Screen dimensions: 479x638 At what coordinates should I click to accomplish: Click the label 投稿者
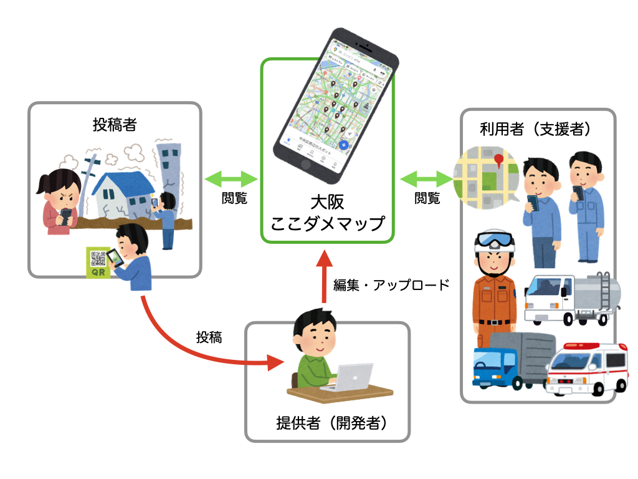[115, 125]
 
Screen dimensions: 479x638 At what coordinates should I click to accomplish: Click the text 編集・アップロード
[391, 285]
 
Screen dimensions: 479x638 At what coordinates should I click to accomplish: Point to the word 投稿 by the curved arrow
[209, 337]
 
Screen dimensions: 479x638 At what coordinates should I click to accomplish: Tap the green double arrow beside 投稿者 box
[231, 180]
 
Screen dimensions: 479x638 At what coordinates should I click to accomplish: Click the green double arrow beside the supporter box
[427, 180]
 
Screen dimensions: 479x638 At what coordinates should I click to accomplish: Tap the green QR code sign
[98, 262]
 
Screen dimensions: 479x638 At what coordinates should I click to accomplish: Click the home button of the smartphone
[305, 165]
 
